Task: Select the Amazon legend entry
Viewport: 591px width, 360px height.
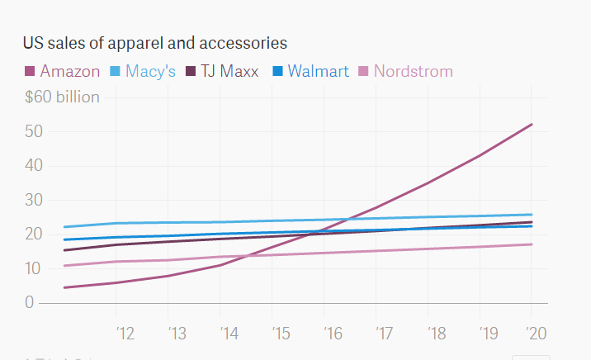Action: click(64, 71)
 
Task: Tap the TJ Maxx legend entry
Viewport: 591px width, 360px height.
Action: click(222, 71)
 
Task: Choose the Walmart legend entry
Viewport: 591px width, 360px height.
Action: click(311, 71)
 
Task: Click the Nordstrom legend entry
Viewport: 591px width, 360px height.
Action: click(406, 71)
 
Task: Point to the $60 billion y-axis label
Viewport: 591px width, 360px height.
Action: click(63, 97)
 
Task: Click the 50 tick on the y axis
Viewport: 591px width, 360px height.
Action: click(34, 131)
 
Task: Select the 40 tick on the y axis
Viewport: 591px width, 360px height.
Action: click(34, 166)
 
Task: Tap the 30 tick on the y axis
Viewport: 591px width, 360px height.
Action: click(34, 200)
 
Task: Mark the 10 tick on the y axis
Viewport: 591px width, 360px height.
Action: click(34, 268)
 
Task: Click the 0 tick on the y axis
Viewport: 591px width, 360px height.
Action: click(30, 303)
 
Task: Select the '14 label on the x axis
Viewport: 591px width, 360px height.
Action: click(229, 333)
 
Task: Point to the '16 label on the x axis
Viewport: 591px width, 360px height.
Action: click(332, 333)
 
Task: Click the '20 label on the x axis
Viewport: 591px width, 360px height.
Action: click(537, 333)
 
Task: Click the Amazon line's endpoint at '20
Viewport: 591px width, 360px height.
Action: click(532, 125)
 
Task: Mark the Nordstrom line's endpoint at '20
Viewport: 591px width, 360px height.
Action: click(532, 244)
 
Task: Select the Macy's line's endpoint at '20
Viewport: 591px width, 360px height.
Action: click(532, 215)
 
